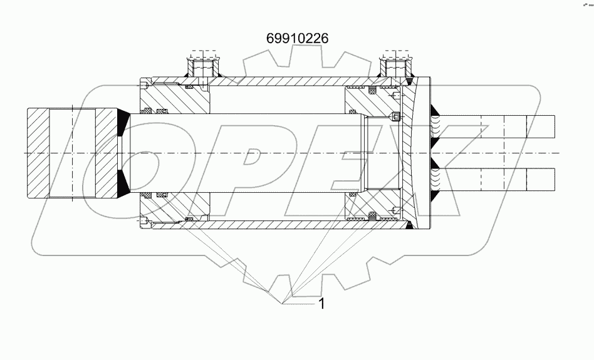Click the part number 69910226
pyautogui.click(x=298, y=39)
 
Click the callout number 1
pyautogui.click(x=321, y=304)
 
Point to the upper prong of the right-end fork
pyautogui.click(x=495, y=128)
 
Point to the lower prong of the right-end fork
pyautogui.click(x=495, y=179)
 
